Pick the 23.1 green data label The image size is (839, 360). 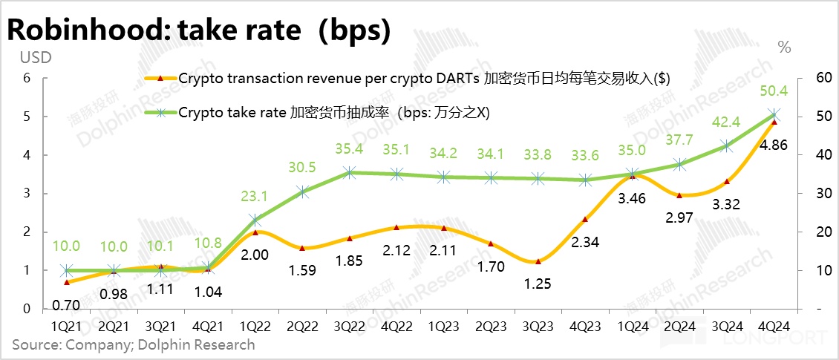[255, 198]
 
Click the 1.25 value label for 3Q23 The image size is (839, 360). [538, 283]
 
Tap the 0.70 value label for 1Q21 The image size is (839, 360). [66, 304]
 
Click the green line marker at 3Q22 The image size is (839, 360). [350, 173]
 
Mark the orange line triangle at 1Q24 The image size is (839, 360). [633, 176]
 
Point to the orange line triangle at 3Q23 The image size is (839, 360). [538, 261]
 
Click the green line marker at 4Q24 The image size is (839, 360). [774, 115]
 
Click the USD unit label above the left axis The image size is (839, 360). [35, 57]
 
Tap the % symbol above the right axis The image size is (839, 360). [784, 47]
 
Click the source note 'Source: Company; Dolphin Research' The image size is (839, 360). [133, 344]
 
